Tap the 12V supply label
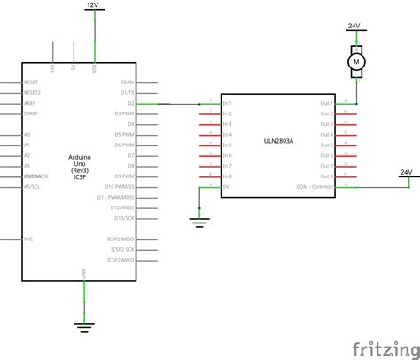[93, 5]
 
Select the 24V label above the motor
[354, 27]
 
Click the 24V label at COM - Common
[407, 171]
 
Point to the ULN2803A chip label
[278, 139]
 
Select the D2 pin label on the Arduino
[130, 103]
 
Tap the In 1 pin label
[228, 103]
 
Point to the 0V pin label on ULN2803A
[226, 187]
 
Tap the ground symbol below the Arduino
[84, 325]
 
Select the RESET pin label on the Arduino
[31, 82]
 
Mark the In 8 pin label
[228, 176]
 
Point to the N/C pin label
[29, 239]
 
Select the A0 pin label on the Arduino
[27, 135]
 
